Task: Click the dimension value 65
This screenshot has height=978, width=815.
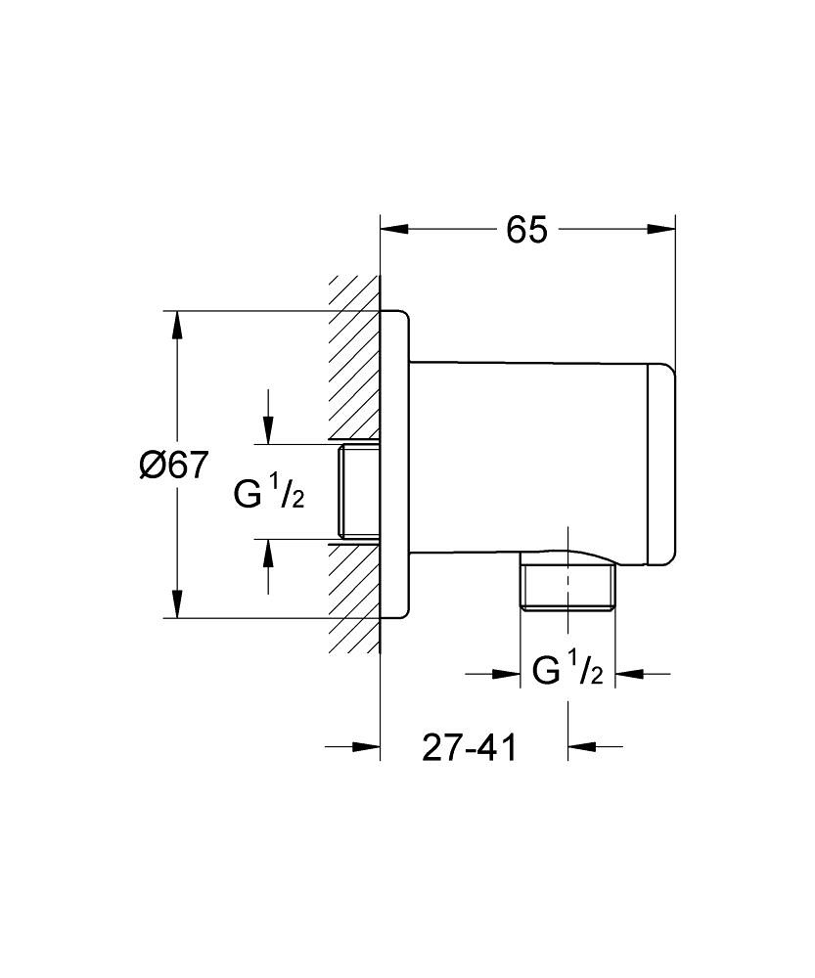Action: (525, 230)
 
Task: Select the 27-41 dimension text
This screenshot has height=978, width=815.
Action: (469, 748)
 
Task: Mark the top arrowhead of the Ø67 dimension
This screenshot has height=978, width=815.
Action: (176, 324)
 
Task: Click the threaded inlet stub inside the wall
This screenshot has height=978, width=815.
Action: (358, 491)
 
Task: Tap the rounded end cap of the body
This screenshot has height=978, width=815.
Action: (659, 466)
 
